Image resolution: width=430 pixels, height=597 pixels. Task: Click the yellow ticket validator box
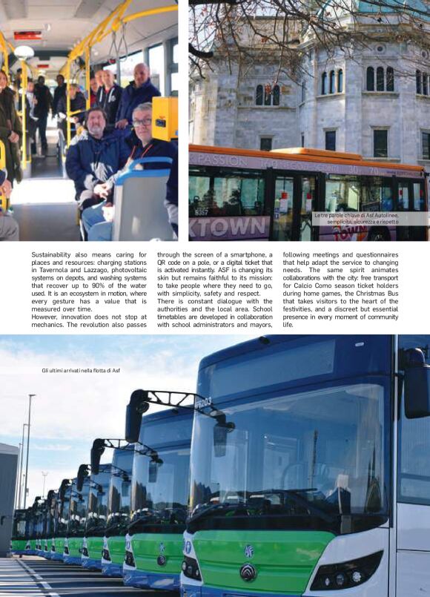pos(164,119)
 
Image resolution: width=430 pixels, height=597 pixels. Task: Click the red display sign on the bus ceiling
pos(27,35)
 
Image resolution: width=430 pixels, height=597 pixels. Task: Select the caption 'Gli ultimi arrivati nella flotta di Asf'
pos(81,370)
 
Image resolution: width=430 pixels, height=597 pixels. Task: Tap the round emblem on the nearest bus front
pos(248,572)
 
